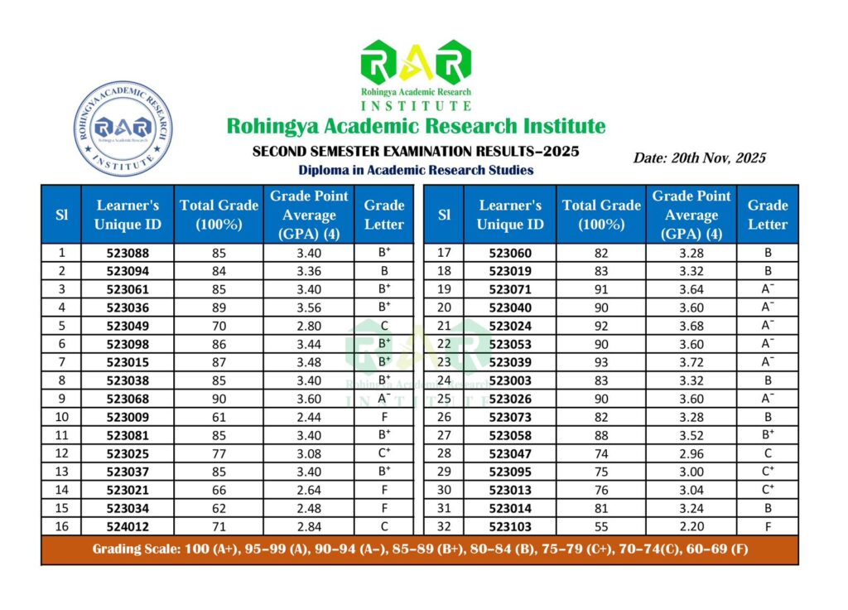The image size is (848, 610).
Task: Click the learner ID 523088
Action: point(128,253)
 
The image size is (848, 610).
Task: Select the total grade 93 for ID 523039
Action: point(601,362)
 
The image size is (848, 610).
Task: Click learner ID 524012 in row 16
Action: point(128,526)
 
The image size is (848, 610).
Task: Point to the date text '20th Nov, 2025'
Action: point(700,157)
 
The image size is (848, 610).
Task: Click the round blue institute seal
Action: point(123,128)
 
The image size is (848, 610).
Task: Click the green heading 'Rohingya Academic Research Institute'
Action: point(416,127)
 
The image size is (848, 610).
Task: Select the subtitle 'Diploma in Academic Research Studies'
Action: point(416,170)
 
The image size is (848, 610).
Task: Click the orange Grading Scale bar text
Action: point(420,549)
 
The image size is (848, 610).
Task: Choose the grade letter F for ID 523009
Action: point(384,417)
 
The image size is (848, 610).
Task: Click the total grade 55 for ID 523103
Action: point(601,526)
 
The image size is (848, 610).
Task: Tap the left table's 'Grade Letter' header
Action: point(384,215)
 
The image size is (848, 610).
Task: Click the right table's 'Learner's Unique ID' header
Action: point(510,215)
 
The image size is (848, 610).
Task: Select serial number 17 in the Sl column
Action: point(444,253)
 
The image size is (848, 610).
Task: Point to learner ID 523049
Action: point(128,326)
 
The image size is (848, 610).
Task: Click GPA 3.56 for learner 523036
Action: point(309,307)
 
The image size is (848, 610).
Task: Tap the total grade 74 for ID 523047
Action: point(601,453)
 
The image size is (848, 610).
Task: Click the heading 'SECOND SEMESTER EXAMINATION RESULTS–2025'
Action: point(416,152)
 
